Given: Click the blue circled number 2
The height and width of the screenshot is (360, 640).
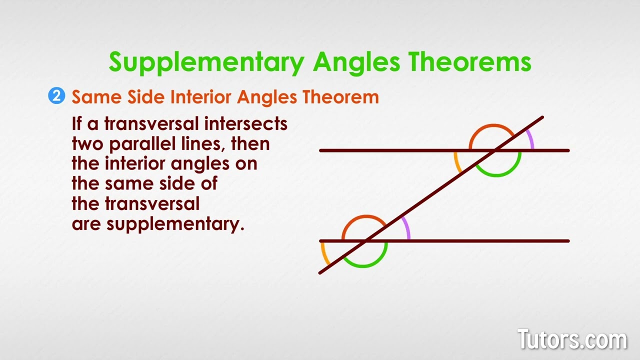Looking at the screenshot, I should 56,95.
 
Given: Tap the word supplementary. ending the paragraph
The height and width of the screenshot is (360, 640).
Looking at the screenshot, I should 175,224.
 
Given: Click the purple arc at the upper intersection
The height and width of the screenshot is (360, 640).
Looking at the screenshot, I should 530,139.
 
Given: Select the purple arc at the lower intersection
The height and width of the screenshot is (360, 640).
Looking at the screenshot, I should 407,228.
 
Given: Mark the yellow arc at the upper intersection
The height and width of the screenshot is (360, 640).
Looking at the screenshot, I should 457,162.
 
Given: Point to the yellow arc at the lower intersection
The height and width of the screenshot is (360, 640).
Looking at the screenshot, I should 324,254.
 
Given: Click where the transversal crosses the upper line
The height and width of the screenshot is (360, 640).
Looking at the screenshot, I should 495,150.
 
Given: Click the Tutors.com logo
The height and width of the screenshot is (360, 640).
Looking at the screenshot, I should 572,340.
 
